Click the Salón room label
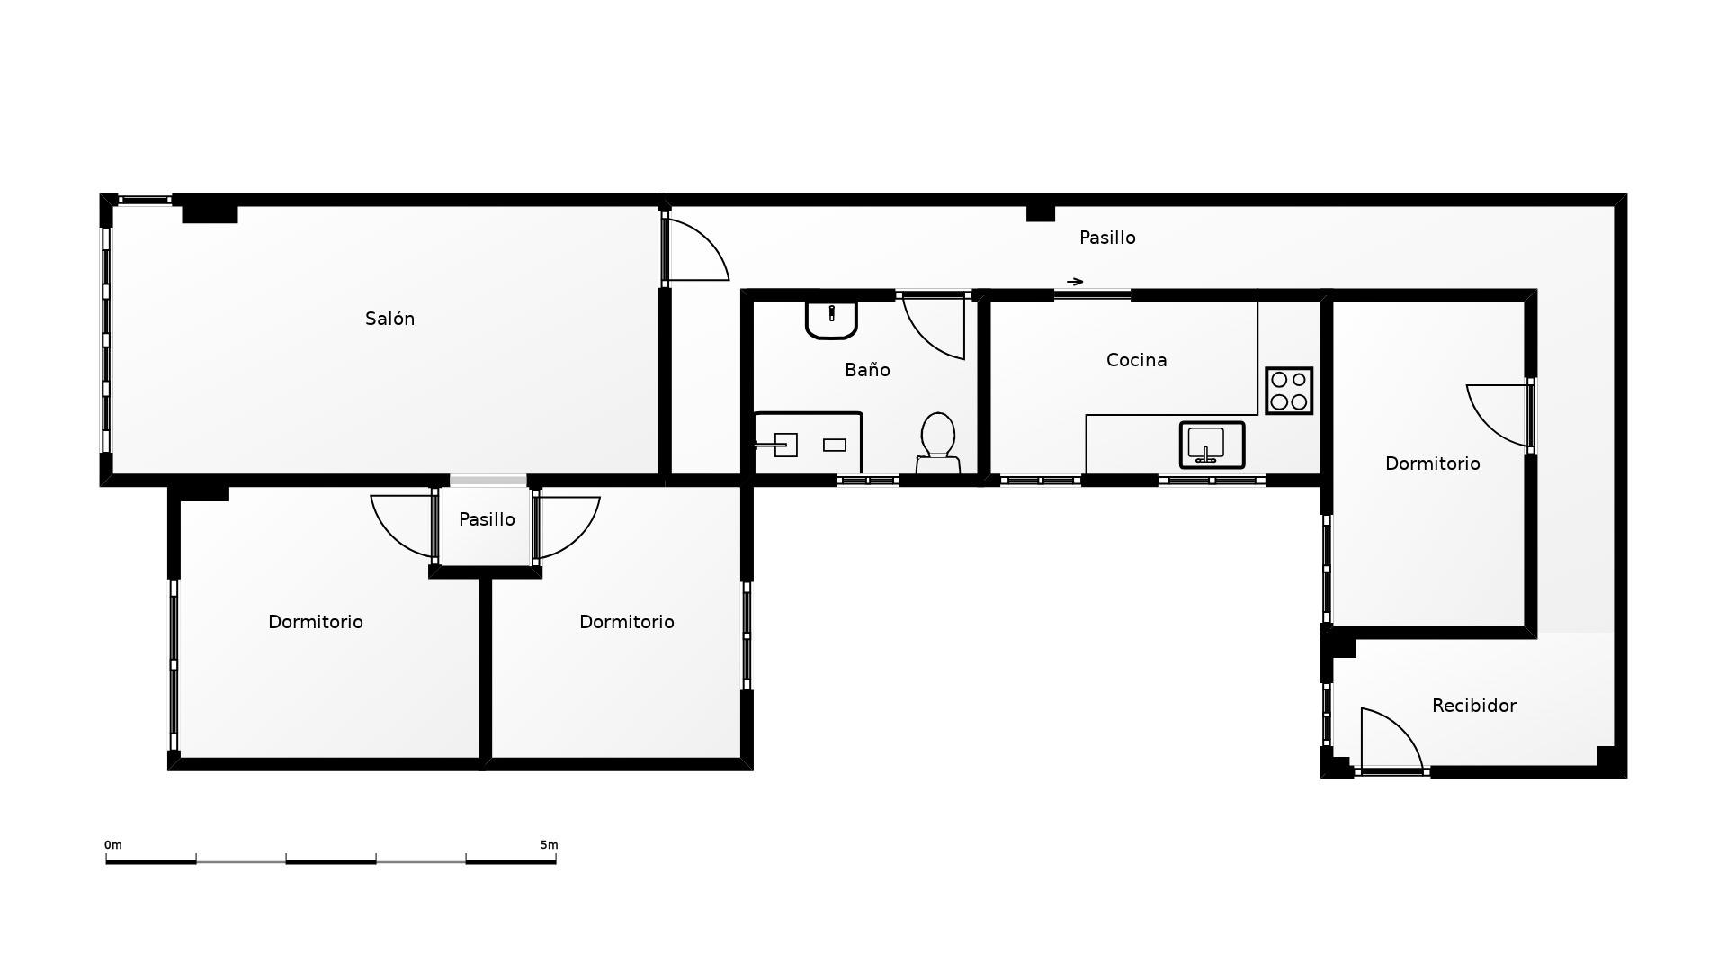[389, 319]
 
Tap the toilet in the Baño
[938, 443]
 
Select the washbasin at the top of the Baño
[831, 319]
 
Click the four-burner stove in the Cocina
[1289, 391]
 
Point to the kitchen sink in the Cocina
[1212, 445]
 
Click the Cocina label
[1137, 360]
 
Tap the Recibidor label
[1474, 706]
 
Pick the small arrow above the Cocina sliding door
[1075, 282]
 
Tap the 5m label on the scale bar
[549, 845]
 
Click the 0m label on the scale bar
[113, 845]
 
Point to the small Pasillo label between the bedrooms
[487, 519]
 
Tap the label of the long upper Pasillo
[1107, 238]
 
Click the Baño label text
[867, 370]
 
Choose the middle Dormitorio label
[627, 622]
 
